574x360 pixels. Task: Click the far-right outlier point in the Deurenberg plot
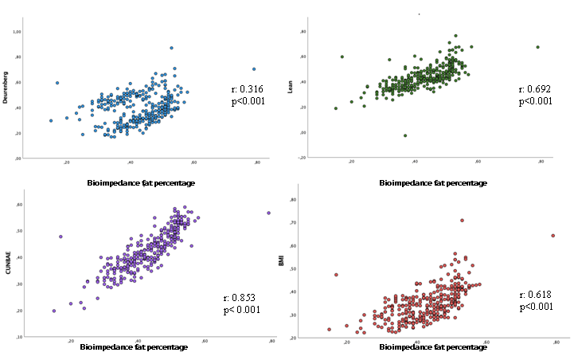[254, 68]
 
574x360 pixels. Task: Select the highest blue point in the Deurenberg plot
[171, 48]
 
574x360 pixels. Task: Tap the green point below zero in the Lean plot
[404, 135]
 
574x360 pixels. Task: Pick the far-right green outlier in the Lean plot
[537, 47]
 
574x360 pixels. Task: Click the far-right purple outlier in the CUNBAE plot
[268, 213]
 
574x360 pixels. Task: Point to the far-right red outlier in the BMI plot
[553, 236]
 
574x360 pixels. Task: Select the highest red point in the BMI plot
[462, 221]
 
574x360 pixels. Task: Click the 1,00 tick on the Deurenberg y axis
[17, 32]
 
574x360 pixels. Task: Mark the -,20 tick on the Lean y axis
[303, 157]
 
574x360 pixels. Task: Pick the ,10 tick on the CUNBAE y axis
[18, 337]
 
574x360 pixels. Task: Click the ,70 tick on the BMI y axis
[316, 223]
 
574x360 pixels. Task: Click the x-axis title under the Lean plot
[434, 183]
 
